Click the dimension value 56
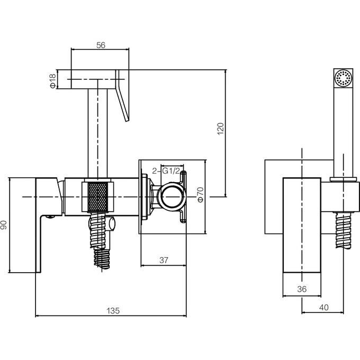coord(101,45)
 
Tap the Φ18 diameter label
coord(53,81)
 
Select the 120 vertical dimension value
coord(220,129)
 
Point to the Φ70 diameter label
coord(201,195)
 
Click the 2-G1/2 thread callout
coord(166,171)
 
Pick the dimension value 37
coord(164,260)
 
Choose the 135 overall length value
coord(113,311)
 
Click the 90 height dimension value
coord(4,225)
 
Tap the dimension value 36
coord(302,289)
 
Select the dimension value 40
coord(323,307)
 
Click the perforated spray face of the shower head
coord(343,78)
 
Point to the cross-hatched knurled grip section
coord(98,197)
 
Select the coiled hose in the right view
coord(344,230)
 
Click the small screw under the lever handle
coord(50,217)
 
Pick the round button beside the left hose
coord(112,224)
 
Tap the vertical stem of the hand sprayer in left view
coord(97,133)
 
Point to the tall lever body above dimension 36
coord(302,225)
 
